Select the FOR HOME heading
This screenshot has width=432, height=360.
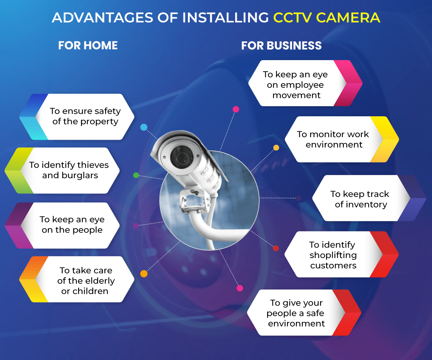tap(88, 45)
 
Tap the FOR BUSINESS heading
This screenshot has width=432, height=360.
tap(281, 46)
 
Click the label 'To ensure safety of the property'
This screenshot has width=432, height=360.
tap(85, 116)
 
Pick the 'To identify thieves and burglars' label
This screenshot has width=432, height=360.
tap(69, 170)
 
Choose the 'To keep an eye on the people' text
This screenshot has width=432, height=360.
tap(72, 225)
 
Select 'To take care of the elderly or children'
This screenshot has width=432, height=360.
tap(86, 280)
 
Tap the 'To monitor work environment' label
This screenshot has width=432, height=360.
tap(333, 139)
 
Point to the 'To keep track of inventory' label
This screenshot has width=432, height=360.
tap(360, 199)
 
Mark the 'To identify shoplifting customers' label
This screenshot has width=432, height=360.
tap(333, 255)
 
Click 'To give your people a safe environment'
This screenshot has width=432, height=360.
tap(296, 313)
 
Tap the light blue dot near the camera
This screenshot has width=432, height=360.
tap(144, 127)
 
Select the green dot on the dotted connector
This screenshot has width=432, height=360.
tap(136, 175)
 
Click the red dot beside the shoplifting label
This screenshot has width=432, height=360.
tap(276, 248)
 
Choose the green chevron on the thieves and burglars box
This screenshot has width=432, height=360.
tap(18, 170)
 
